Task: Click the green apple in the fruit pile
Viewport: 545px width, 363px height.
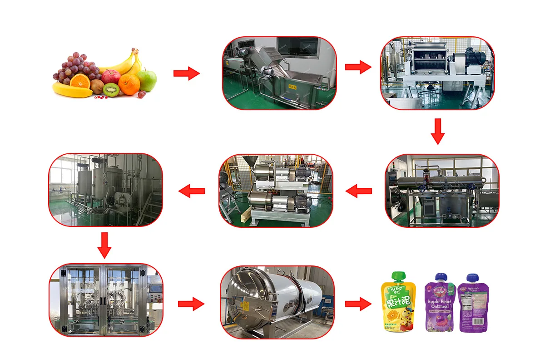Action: [147, 80]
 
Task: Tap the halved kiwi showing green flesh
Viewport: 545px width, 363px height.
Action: [111, 90]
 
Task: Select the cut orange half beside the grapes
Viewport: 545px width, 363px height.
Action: [79, 81]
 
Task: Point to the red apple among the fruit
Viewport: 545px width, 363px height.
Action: [110, 76]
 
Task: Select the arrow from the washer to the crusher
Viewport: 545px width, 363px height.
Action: [358, 67]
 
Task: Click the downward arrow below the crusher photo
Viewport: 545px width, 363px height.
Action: [437, 131]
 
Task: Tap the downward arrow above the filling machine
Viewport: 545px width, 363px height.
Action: [104, 245]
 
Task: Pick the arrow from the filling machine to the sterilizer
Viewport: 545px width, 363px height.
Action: [191, 304]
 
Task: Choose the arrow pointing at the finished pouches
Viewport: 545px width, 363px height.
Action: [358, 304]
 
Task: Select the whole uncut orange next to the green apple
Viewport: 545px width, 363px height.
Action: [129, 84]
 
